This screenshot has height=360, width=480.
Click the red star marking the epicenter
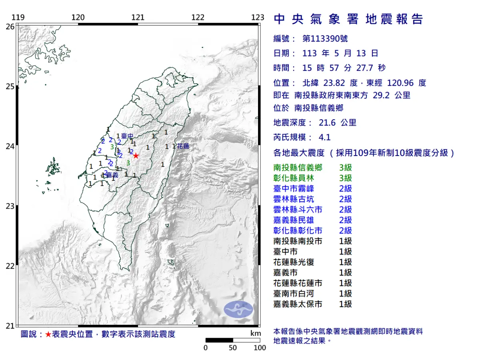[136, 156]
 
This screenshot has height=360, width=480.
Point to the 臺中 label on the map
[127, 136]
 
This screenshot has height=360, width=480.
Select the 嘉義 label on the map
[112, 175]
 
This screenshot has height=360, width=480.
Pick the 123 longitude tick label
[258, 17]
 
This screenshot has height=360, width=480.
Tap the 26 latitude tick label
[10, 26]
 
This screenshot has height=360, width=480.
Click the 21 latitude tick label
[10, 326]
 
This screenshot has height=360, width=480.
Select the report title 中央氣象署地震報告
[348, 19]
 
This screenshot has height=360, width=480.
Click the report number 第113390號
[325, 39]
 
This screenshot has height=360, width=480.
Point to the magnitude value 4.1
[324, 138]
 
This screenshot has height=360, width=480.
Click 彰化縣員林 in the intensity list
[294, 178]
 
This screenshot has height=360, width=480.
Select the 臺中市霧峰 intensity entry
[294, 189]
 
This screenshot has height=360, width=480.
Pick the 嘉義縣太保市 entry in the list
[298, 304]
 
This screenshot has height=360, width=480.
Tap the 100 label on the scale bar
[260, 348]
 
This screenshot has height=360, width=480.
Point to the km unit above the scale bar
[256, 334]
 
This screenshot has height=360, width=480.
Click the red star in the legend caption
[48, 334]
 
